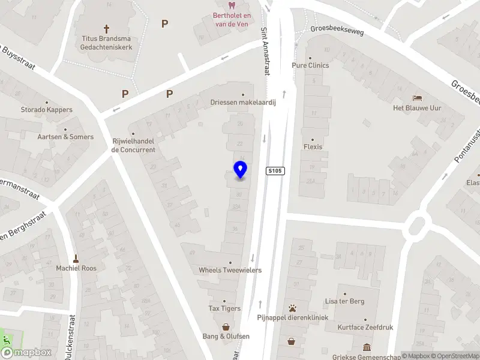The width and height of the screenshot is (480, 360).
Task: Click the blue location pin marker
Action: click(x=240, y=170)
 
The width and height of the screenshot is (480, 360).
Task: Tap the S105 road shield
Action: click(x=275, y=172)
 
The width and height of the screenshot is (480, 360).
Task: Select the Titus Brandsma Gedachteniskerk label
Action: click(x=106, y=41)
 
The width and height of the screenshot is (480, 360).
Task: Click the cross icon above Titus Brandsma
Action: click(x=107, y=28)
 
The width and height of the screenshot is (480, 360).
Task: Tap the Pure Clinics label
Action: click(x=310, y=65)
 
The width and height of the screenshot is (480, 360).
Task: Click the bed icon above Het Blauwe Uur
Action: click(x=416, y=98)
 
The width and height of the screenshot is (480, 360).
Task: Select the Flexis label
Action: click(x=313, y=146)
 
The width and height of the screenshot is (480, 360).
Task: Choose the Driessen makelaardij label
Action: click(x=243, y=103)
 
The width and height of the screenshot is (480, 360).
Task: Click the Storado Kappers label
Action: click(x=46, y=110)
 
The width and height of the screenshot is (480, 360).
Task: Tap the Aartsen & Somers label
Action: click(x=65, y=137)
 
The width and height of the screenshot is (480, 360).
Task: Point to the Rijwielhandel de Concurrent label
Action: click(x=133, y=145)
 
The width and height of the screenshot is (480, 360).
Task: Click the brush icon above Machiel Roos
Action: click(x=76, y=259)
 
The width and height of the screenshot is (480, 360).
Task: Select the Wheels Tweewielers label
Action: click(x=230, y=270)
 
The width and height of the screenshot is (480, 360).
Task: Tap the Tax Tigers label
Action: click(x=224, y=308)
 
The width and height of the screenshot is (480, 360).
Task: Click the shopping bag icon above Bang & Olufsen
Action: click(x=226, y=327)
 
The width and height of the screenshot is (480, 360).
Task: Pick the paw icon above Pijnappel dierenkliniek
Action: click(x=292, y=307)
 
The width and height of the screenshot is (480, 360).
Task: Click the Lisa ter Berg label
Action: click(x=344, y=301)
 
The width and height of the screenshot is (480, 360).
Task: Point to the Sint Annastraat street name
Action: click(x=265, y=51)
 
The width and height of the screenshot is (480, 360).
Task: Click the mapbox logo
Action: click(x=26, y=353)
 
